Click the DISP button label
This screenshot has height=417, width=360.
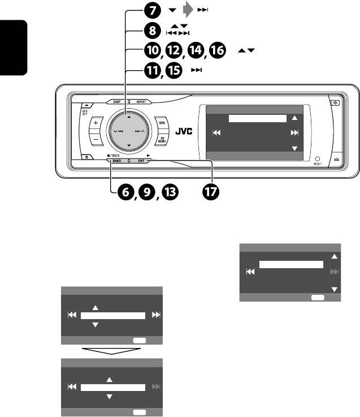point(118,102)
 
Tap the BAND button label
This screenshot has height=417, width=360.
point(116,161)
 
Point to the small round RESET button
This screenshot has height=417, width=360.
point(318,160)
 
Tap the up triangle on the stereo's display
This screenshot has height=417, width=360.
point(293,119)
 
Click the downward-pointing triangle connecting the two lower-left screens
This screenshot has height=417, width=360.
point(111,351)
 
